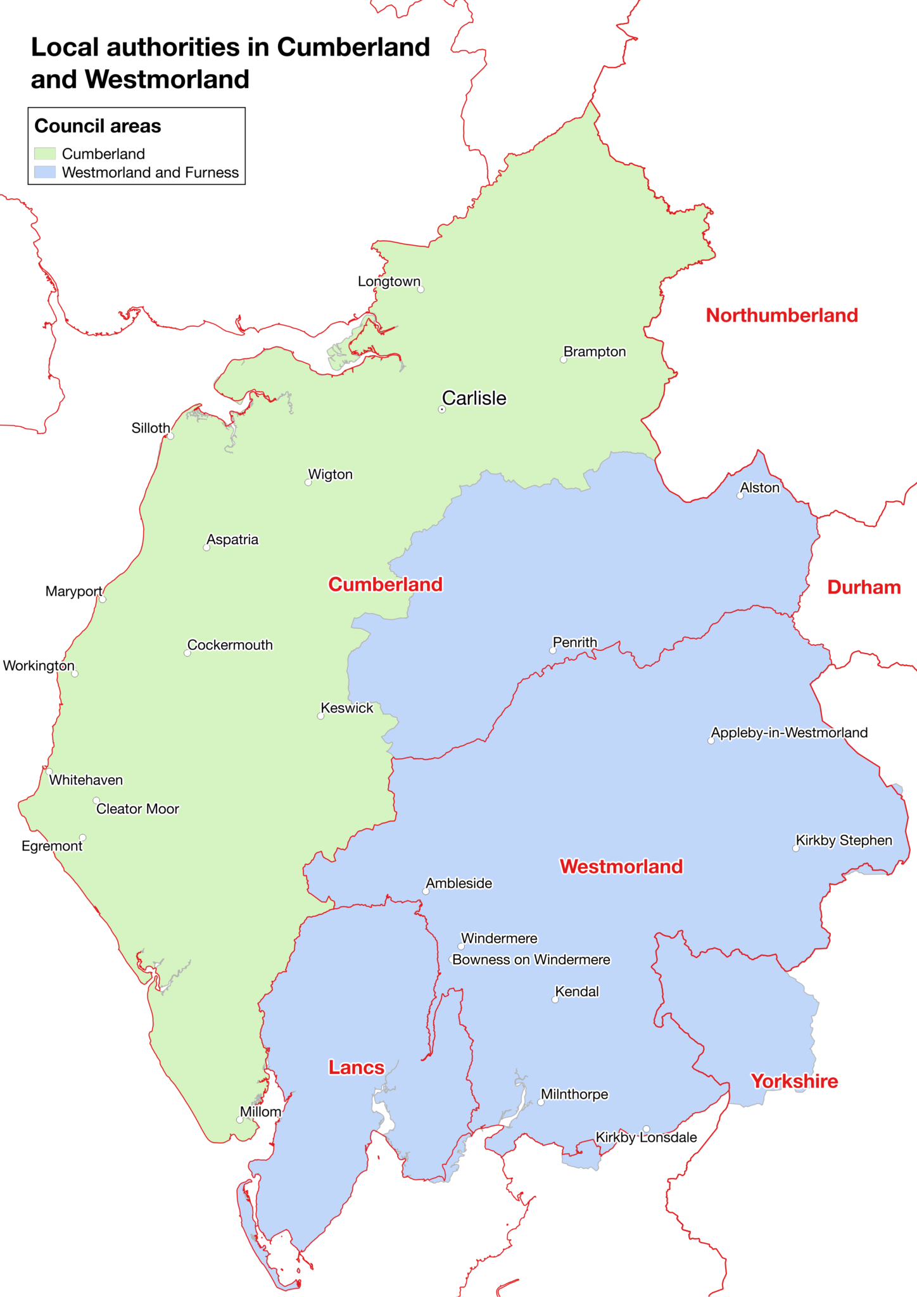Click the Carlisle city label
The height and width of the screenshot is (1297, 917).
(474, 398)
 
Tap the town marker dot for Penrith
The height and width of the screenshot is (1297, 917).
(552, 650)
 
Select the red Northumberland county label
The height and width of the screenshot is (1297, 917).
(781, 315)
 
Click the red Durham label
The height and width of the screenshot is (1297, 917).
(863, 587)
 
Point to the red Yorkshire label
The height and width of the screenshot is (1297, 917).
(794, 1081)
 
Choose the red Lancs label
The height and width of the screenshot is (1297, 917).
(356, 1068)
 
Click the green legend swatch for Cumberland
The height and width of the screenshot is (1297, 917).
(45, 154)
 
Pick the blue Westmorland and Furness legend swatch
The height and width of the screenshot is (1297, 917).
(45, 172)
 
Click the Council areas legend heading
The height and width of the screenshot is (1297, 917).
(98, 126)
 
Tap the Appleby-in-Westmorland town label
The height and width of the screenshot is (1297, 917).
(789, 733)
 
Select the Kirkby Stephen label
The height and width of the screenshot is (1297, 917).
(844, 840)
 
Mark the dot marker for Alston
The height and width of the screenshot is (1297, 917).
(740, 496)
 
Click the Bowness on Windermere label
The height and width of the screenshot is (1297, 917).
(531, 959)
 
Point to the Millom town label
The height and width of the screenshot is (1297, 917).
(260, 1112)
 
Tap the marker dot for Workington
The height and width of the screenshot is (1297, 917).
(75, 674)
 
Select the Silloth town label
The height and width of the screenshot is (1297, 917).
(150, 428)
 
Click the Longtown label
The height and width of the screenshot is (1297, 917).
(389, 281)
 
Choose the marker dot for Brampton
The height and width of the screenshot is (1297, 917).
(563, 360)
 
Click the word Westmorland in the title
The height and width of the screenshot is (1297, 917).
(167, 80)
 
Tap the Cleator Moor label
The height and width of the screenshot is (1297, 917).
(137, 809)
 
